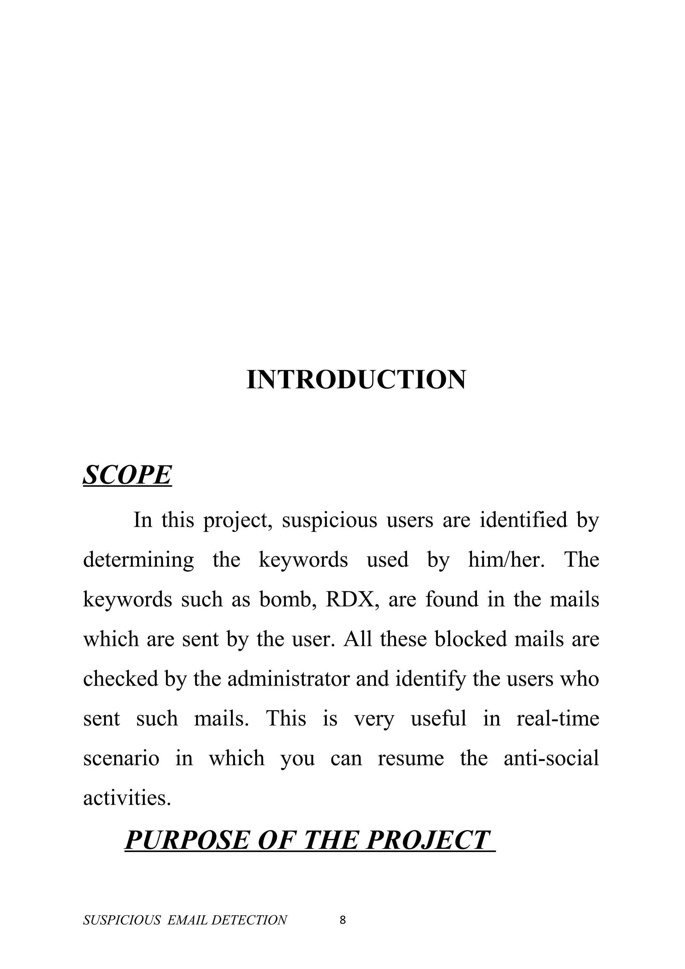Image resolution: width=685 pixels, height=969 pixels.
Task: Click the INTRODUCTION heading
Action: click(356, 380)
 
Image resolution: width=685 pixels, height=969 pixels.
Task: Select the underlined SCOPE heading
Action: click(127, 475)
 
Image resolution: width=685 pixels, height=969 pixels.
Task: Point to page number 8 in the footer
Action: click(342, 917)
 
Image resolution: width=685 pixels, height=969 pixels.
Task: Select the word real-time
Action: click(557, 719)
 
